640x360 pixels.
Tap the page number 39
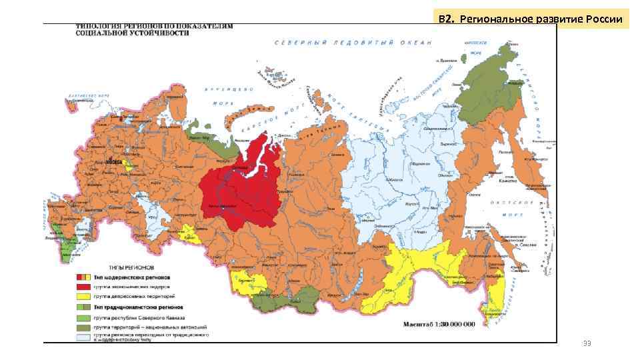tap(587, 343)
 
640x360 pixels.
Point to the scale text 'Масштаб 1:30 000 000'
tap(438, 325)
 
